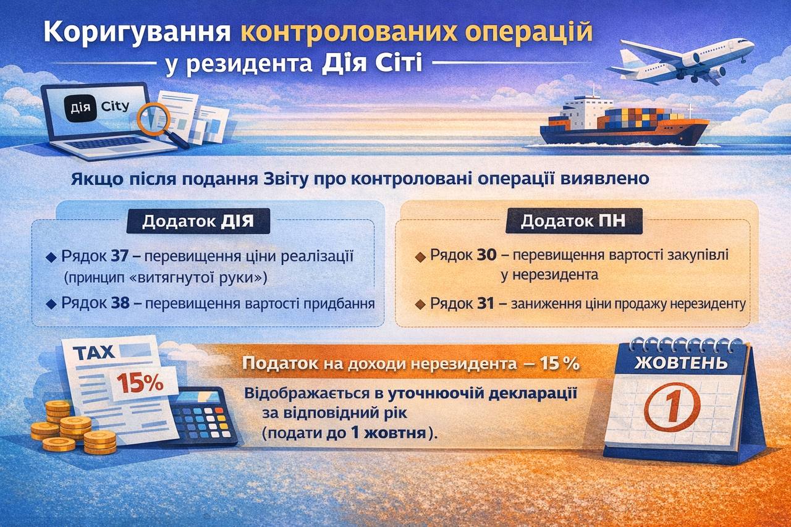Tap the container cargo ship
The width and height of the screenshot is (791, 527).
click(x=624, y=122)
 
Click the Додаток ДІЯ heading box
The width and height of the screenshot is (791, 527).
click(x=198, y=221)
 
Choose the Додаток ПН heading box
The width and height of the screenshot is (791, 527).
click(x=574, y=221)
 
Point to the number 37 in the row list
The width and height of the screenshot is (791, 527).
click(x=119, y=256)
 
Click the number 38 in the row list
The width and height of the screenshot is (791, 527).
click(x=120, y=303)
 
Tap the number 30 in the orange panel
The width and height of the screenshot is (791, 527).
click(x=486, y=255)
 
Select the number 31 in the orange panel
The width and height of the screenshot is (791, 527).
click(x=485, y=303)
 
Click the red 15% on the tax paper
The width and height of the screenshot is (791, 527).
click(x=140, y=383)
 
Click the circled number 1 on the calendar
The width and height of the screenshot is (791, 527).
click(x=673, y=407)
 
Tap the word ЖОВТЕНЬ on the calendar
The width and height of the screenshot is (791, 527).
click(x=681, y=363)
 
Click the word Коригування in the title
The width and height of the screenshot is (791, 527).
click(x=137, y=33)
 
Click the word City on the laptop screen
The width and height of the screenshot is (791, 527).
click(x=115, y=106)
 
